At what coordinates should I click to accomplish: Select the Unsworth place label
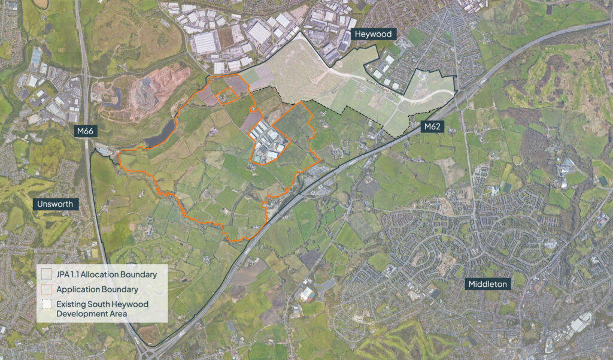(54, 204)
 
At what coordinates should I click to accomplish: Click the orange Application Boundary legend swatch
(47, 289)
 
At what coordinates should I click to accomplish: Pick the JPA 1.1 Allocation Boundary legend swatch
(47, 275)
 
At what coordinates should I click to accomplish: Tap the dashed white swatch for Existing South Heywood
(47, 304)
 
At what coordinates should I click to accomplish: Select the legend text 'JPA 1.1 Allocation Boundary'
(107, 275)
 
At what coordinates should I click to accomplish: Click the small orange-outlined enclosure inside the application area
(224, 96)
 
